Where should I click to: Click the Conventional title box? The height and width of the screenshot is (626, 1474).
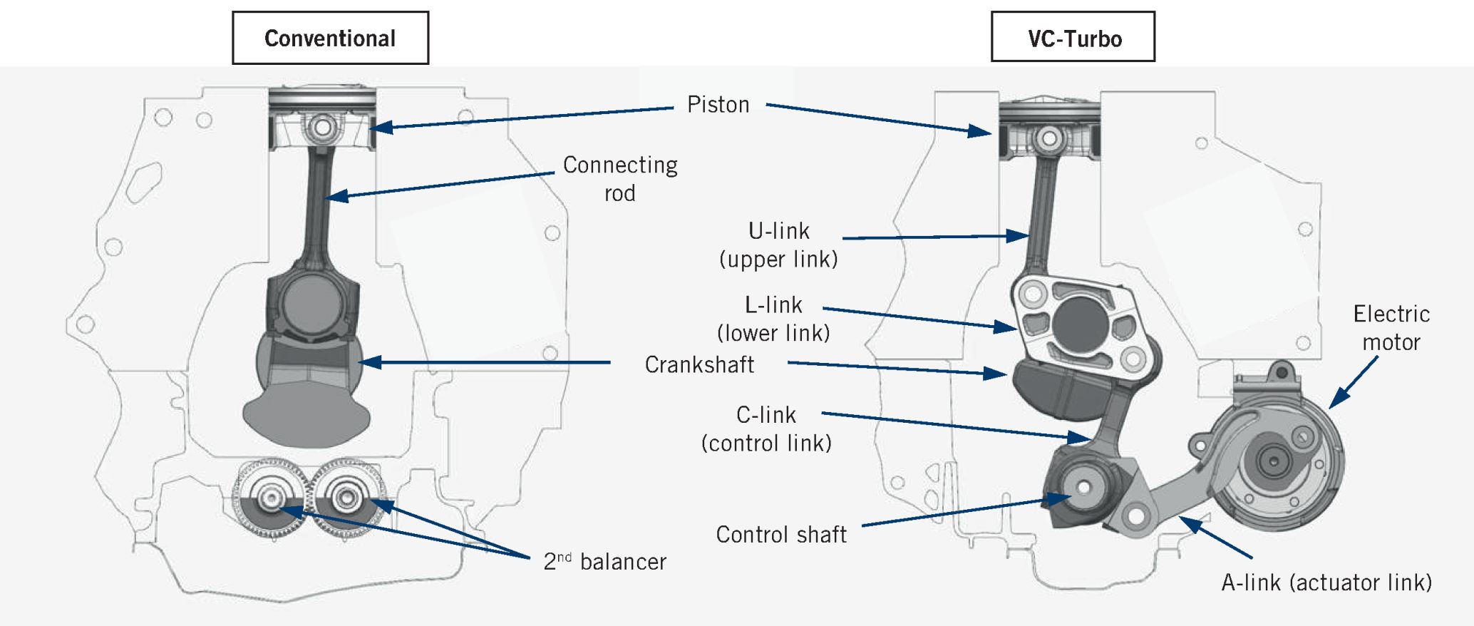[x=330, y=38]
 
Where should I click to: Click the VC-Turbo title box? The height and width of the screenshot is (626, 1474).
[x=1073, y=38]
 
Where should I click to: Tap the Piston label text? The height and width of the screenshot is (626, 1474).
[x=718, y=105]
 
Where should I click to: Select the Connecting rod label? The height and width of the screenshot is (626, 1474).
[x=619, y=178]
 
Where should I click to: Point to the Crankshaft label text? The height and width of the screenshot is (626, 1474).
[x=699, y=364]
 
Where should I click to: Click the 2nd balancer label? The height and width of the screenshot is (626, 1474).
[x=604, y=561]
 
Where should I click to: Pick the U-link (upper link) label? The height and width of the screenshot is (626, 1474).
[x=778, y=245]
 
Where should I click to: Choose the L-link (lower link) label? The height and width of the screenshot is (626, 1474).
[x=773, y=319]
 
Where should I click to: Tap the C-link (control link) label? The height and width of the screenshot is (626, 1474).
[x=766, y=429]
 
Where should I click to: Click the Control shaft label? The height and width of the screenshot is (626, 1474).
[x=781, y=534]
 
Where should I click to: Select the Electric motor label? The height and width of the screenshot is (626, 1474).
[x=1391, y=327]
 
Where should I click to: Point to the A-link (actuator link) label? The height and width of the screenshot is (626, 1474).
[x=1326, y=583]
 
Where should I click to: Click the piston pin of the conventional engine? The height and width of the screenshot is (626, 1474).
[x=323, y=128]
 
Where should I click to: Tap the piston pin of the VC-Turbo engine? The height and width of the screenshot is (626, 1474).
[x=1049, y=138]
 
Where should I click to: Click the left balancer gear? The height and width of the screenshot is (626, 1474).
[x=272, y=498]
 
